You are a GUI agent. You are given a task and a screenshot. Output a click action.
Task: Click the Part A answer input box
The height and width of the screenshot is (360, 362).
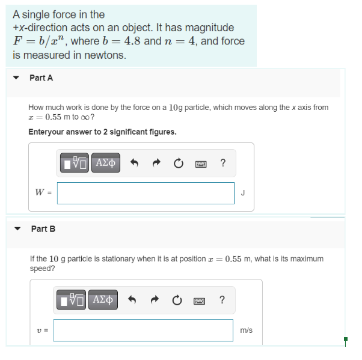(x=146, y=193)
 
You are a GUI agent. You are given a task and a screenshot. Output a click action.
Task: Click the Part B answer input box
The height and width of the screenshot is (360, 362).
(x=143, y=330)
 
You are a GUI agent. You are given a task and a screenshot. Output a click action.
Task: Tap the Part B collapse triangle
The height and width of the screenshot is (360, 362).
(x=17, y=228)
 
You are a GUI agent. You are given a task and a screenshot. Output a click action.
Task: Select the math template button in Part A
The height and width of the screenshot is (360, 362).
(x=76, y=163)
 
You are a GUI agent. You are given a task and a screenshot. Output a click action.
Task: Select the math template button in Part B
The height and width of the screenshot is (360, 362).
(x=73, y=299)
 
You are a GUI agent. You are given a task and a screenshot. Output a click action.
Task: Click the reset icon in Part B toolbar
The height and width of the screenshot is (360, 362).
(x=178, y=299)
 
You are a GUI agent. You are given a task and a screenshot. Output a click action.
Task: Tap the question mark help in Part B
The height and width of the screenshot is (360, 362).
(x=222, y=299)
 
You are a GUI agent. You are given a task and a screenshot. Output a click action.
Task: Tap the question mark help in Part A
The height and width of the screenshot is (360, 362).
(x=223, y=163)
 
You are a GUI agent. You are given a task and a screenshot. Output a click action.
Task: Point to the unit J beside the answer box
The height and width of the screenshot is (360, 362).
(x=242, y=193)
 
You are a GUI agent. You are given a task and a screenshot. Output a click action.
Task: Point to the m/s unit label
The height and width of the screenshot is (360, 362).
(x=246, y=330)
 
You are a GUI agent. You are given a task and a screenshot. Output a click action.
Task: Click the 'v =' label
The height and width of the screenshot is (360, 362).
(x=42, y=330)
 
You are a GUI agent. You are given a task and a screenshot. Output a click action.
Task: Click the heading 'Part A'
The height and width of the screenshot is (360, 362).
(x=41, y=78)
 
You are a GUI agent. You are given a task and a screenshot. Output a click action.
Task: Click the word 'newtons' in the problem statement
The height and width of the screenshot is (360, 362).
(x=108, y=55)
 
